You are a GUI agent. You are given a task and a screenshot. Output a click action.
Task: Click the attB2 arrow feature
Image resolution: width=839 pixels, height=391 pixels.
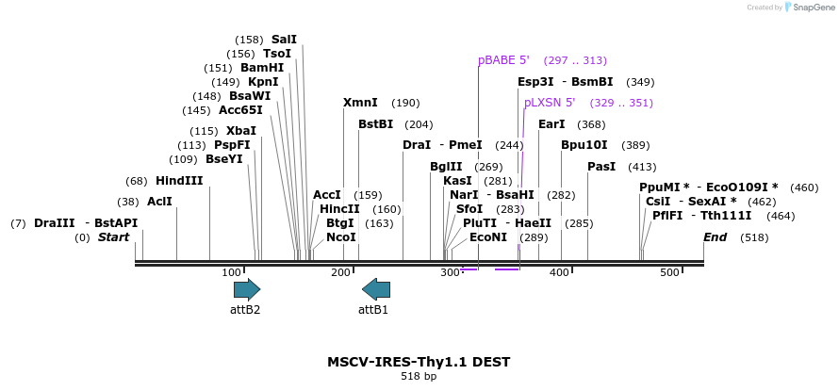click(247, 289)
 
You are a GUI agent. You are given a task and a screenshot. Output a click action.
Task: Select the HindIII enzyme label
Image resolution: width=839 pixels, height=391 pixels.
click(179, 181)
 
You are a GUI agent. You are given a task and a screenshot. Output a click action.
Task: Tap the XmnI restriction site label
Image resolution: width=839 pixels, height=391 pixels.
click(360, 103)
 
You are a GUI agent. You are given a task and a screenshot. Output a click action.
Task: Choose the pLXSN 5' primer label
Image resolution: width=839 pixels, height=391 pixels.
click(550, 103)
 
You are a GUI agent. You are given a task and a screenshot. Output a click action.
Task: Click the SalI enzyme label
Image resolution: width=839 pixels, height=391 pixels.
click(284, 40)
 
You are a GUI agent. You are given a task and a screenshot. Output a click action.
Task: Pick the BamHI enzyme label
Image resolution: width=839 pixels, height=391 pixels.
click(262, 68)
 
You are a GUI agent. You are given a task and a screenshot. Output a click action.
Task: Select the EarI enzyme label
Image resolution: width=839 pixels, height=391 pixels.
click(551, 124)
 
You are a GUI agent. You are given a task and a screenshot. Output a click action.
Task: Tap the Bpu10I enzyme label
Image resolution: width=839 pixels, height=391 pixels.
click(584, 145)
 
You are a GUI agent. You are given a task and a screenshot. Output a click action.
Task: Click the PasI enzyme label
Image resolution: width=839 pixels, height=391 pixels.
click(601, 167)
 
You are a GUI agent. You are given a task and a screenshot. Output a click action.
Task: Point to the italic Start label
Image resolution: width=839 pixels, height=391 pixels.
click(113, 237)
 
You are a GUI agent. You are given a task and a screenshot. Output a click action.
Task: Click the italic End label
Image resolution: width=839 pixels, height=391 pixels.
click(716, 237)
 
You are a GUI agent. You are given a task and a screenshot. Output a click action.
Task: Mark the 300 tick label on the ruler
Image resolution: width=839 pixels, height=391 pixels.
click(450, 272)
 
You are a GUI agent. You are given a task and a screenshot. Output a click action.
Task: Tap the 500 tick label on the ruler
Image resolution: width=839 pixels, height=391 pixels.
click(669, 272)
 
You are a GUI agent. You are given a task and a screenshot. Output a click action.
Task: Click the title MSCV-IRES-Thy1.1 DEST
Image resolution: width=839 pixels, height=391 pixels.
click(419, 362)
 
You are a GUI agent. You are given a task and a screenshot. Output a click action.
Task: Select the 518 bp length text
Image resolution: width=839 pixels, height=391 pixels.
click(419, 377)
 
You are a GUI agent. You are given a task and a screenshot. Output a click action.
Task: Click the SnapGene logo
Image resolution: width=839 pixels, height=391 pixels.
click(809, 8)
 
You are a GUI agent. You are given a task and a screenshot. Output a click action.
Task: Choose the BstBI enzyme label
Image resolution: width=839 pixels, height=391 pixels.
click(375, 124)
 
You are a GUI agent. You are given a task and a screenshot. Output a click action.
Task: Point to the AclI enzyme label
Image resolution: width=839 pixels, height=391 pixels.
click(159, 202)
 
